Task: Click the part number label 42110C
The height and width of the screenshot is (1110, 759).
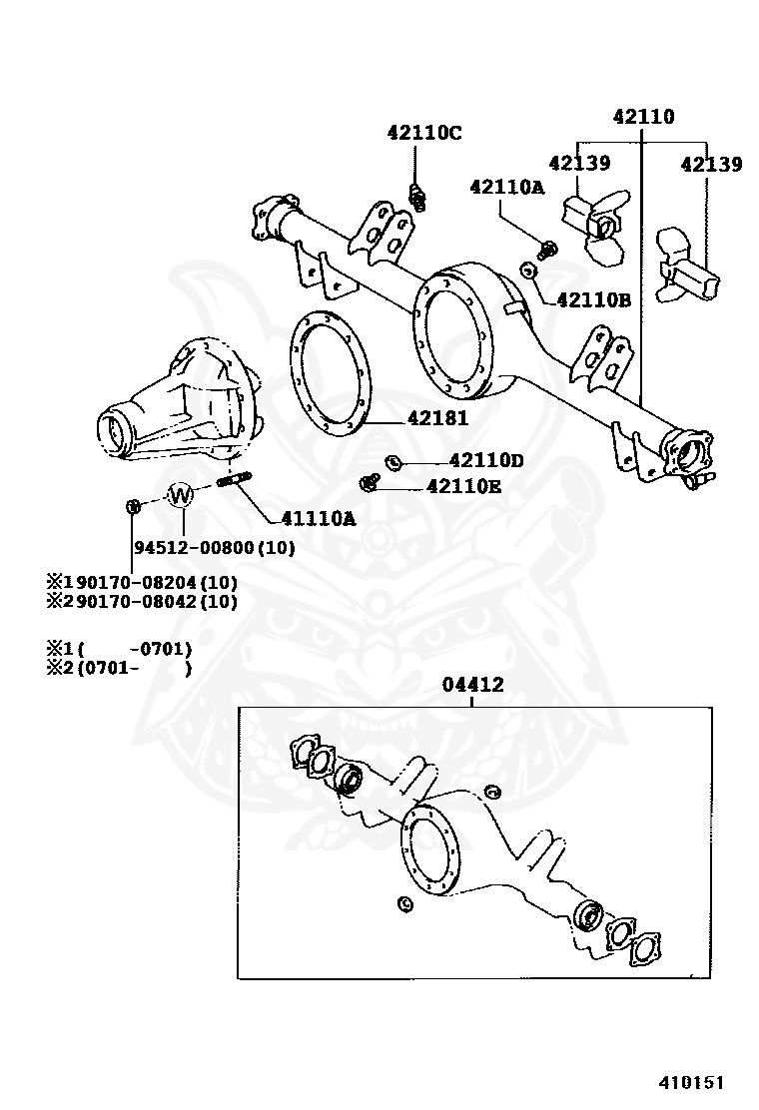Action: (424, 133)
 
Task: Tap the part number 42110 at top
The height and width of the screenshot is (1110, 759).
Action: (643, 117)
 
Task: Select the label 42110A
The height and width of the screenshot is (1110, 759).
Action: (506, 186)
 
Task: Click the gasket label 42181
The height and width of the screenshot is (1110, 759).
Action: (437, 419)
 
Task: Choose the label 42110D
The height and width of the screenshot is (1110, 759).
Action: (486, 460)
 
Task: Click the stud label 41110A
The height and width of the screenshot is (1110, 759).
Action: (318, 518)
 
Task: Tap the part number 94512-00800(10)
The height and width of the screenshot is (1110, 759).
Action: (214, 547)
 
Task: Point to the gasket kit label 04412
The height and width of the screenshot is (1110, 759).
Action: (472, 685)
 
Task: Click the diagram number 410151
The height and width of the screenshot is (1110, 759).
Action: (689, 1082)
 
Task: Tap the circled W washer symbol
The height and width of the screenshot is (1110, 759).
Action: (181, 494)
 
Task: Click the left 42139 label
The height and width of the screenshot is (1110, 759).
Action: (579, 164)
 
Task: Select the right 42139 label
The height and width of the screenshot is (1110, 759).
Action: (711, 165)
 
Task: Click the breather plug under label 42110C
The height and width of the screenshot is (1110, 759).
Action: (418, 197)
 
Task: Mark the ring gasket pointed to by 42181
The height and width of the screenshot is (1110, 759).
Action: (330, 372)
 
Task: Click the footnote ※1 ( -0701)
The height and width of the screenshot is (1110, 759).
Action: (118, 649)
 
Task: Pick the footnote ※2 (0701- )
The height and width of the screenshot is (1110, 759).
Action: (118, 668)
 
